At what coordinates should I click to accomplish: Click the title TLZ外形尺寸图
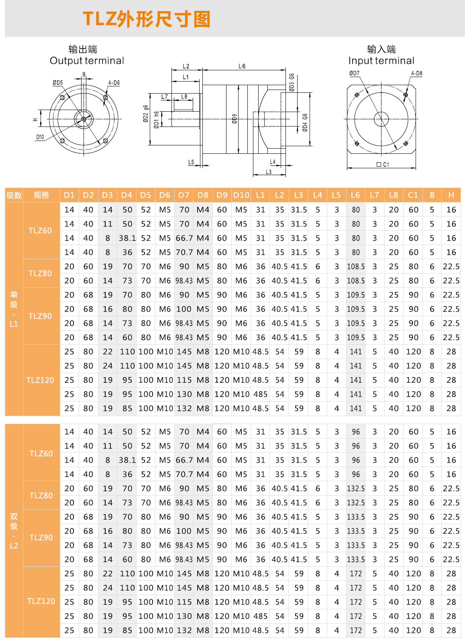(x=147, y=19)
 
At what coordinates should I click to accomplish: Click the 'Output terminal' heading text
(x=87, y=61)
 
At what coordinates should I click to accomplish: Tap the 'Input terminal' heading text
(x=381, y=61)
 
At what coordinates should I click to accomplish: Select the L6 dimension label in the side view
(x=242, y=66)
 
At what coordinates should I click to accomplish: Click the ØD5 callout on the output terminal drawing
(x=58, y=83)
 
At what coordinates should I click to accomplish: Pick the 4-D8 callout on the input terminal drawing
(x=416, y=73)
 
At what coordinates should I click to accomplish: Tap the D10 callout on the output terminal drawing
(x=40, y=137)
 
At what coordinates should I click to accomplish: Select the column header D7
(x=184, y=195)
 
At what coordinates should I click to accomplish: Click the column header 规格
(x=41, y=195)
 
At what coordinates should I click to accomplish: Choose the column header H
(x=451, y=195)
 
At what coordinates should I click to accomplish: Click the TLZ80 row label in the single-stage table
(x=40, y=274)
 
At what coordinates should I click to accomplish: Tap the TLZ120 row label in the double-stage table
(x=41, y=601)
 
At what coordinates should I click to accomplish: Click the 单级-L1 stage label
(x=14, y=309)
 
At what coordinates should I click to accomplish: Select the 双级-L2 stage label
(x=14, y=531)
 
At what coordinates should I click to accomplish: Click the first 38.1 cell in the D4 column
(x=127, y=238)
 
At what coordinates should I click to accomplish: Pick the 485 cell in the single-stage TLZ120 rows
(x=260, y=394)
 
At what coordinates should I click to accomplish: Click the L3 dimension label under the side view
(x=269, y=172)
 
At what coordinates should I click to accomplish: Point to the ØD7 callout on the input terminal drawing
(x=354, y=73)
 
